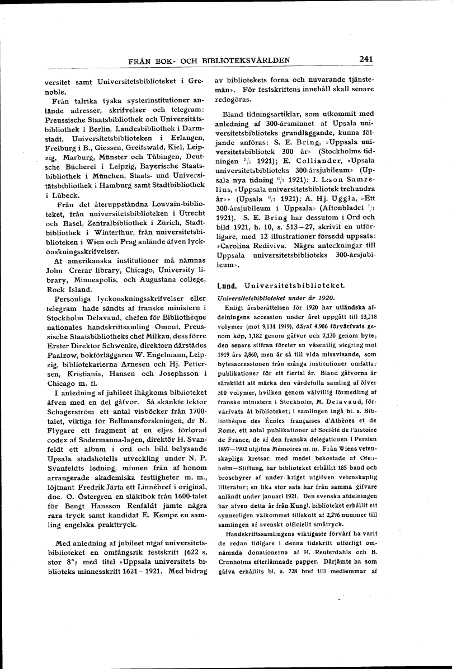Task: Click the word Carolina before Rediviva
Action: (237, 246)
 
